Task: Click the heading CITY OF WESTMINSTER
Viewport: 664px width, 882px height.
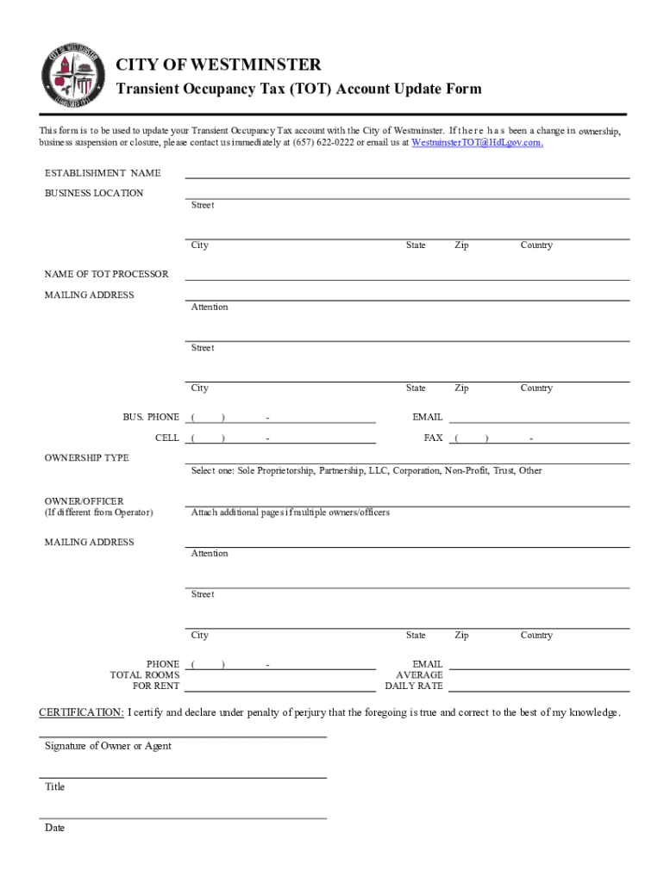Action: [218, 65]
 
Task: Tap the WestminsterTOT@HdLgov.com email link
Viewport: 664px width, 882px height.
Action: [477, 142]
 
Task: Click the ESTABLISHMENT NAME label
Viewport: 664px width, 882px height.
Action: [103, 173]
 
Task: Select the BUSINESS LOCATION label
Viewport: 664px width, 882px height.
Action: [94, 193]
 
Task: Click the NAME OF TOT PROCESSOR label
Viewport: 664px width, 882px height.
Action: [107, 274]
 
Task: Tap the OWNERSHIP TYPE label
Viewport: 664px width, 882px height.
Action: [87, 457]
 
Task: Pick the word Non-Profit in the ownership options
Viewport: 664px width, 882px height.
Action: [465, 470]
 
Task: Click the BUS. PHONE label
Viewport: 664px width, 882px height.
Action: [151, 417]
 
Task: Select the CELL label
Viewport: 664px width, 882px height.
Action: [167, 438]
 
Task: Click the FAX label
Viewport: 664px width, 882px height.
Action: [433, 438]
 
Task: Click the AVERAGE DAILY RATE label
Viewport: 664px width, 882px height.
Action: [418, 680]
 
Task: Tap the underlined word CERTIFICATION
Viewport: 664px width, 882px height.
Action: [81, 712]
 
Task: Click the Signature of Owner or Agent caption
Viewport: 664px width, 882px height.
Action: [108, 746]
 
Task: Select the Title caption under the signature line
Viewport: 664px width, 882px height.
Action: [54, 786]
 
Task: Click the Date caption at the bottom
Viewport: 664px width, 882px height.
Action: [54, 828]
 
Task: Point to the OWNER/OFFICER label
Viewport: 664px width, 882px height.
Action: [84, 500]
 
